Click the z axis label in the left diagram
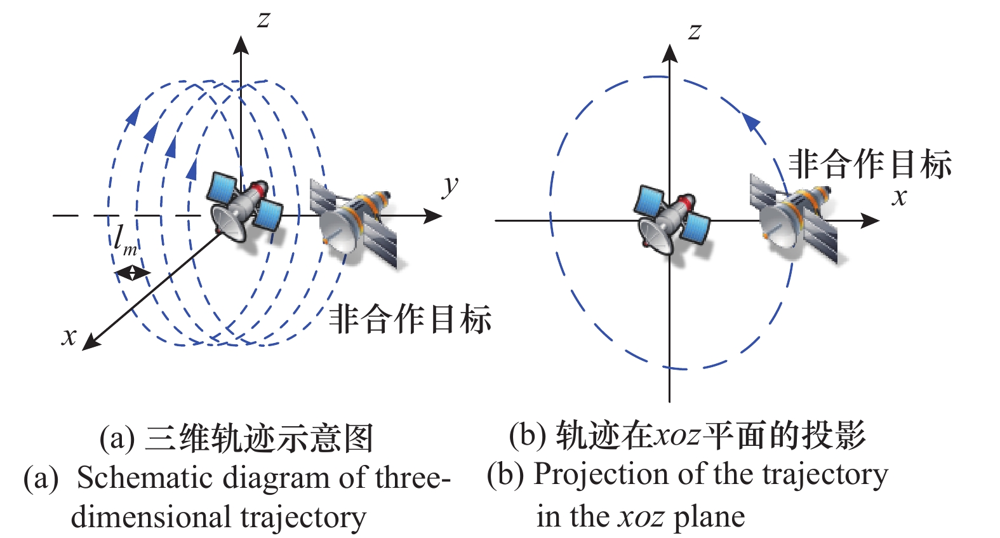pos(263,20)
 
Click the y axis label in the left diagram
pos(450,185)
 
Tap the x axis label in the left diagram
pos(69,337)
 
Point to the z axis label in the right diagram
pos(695,31)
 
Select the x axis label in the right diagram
pos(899,198)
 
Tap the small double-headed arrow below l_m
pos(131,273)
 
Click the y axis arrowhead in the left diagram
pos(434,216)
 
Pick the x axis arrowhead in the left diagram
pos(91,342)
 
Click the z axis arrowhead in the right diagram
pos(669,52)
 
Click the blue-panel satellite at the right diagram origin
pos(672,220)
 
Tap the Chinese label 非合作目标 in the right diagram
pos(869,164)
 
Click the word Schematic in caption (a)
pos(136,478)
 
